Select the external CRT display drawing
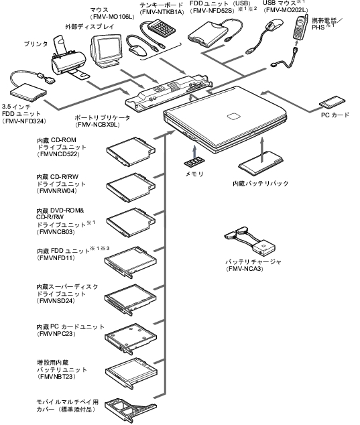[x=106, y=51]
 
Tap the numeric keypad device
[x=162, y=27]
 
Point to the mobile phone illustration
[x=300, y=27]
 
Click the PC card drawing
[x=332, y=102]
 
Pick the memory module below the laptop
[x=194, y=162]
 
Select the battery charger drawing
[x=249, y=241]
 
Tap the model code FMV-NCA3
[x=244, y=269]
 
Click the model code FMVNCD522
[x=60, y=154]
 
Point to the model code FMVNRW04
[x=58, y=191]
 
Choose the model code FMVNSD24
[x=57, y=301]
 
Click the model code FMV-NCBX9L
[x=98, y=125]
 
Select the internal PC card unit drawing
[x=131, y=339]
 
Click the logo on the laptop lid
[x=233, y=116]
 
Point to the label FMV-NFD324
[x=24, y=121]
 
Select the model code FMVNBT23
[x=57, y=377]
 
